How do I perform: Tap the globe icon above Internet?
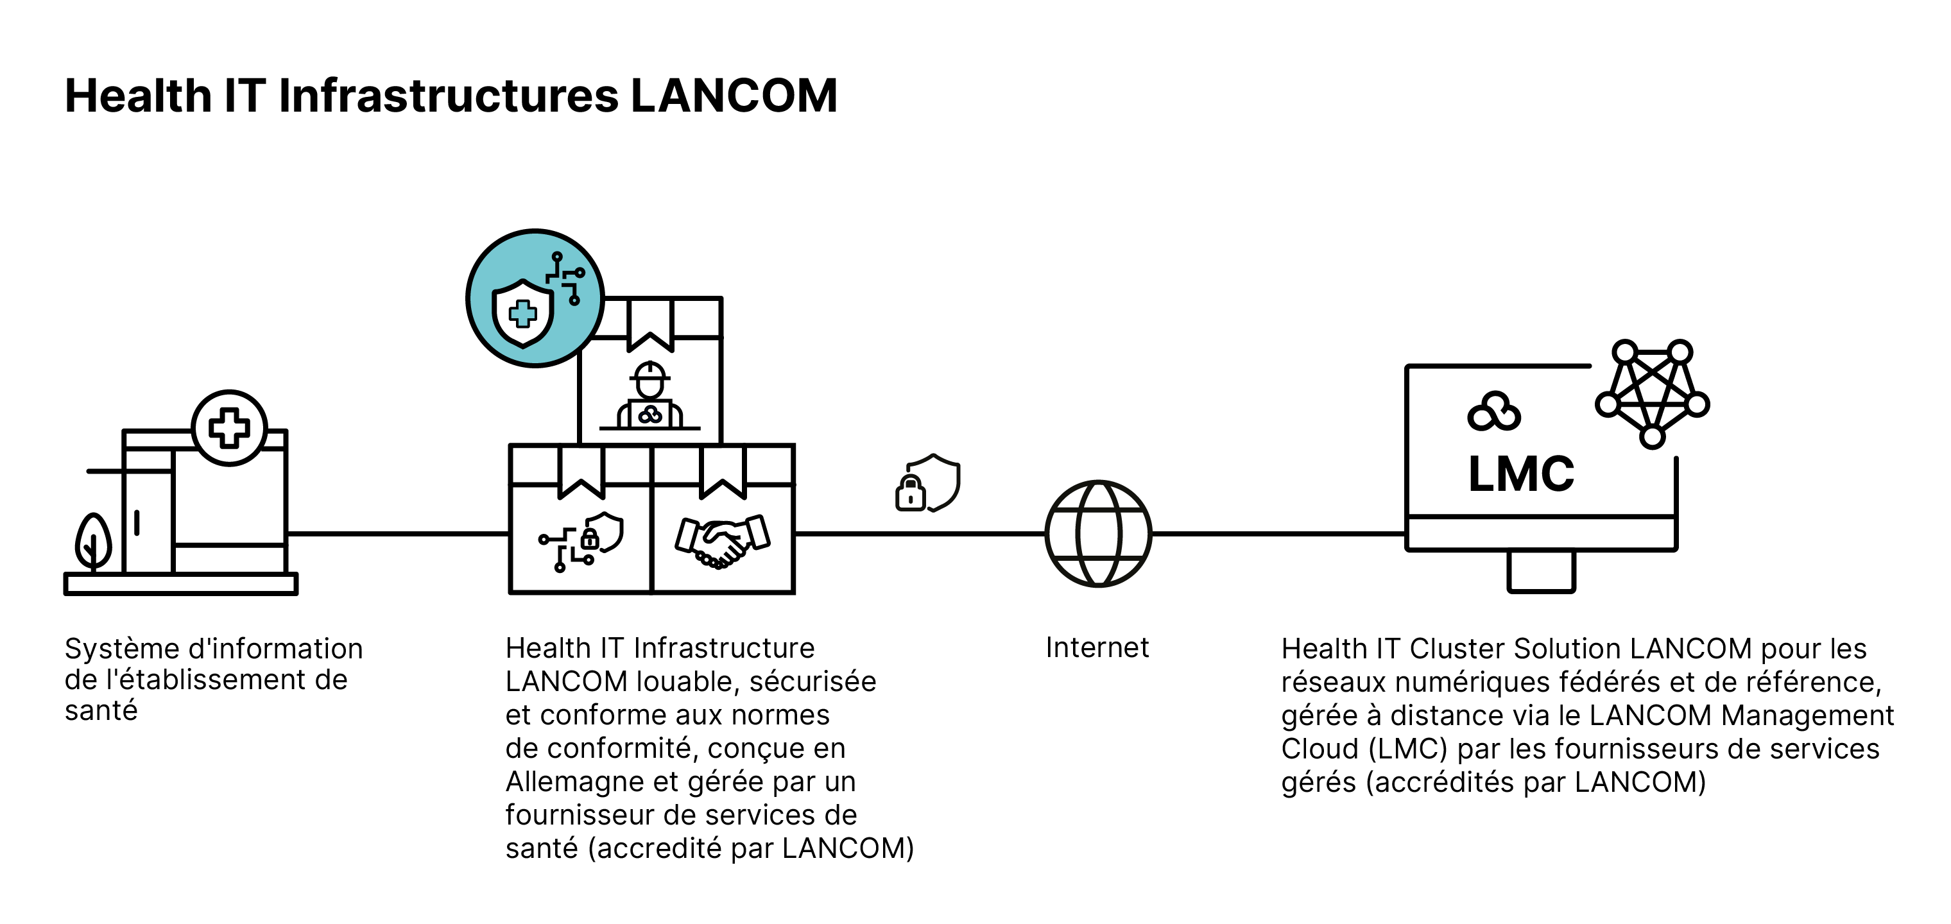click(x=1098, y=533)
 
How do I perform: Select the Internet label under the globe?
click(x=1097, y=647)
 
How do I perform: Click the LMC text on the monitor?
click(x=1521, y=474)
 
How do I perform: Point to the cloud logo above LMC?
click(x=1493, y=411)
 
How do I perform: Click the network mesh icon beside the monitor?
click(x=1653, y=394)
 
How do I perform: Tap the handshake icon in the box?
click(x=723, y=541)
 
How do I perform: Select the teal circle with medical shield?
click(x=535, y=298)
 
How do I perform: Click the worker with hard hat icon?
click(x=650, y=395)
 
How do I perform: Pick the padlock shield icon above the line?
click(x=928, y=483)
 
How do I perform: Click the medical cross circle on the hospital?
click(x=230, y=428)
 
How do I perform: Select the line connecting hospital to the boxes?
click(x=399, y=534)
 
